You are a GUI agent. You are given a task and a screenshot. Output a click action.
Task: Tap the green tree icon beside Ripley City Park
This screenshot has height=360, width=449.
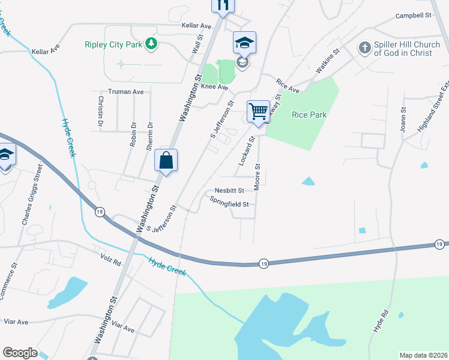tap(152, 43)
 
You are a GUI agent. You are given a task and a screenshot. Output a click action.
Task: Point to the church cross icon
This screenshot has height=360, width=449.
tap(364, 47)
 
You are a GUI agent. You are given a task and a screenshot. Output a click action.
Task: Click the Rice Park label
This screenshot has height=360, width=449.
tap(307, 115)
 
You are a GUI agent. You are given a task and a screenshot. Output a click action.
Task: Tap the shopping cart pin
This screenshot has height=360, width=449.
tap(258, 110)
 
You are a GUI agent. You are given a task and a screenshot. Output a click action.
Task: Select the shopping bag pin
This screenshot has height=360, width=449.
tap(166, 160)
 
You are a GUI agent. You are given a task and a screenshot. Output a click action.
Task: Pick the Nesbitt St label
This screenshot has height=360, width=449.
tap(229, 191)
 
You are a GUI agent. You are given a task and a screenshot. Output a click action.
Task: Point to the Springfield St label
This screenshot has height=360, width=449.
tap(229, 204)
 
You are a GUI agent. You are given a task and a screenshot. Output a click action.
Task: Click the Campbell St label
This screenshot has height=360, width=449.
tap(414, 16)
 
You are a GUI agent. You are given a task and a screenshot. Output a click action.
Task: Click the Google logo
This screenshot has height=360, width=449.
tap(20, 353)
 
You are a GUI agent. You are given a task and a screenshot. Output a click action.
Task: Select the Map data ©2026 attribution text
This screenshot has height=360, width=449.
tap(423, 355)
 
